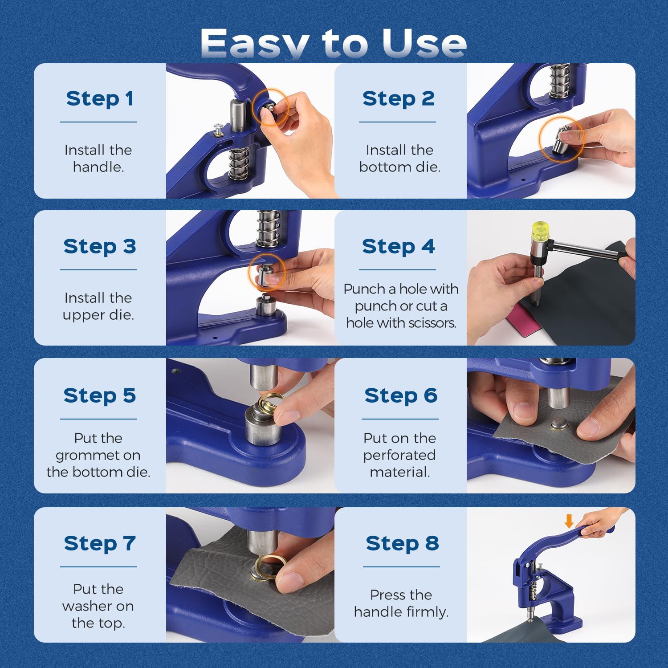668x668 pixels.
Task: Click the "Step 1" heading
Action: coord(100,98)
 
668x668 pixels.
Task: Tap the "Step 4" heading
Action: coord(398,246)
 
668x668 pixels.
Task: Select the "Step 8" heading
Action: coord(402,543)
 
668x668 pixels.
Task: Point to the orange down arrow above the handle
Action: coord(569,521)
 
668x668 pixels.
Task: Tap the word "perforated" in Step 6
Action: coord(399,455)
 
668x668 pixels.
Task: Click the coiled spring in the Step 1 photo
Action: coord(238,163)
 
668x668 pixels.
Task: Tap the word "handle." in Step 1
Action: coord(98,167)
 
